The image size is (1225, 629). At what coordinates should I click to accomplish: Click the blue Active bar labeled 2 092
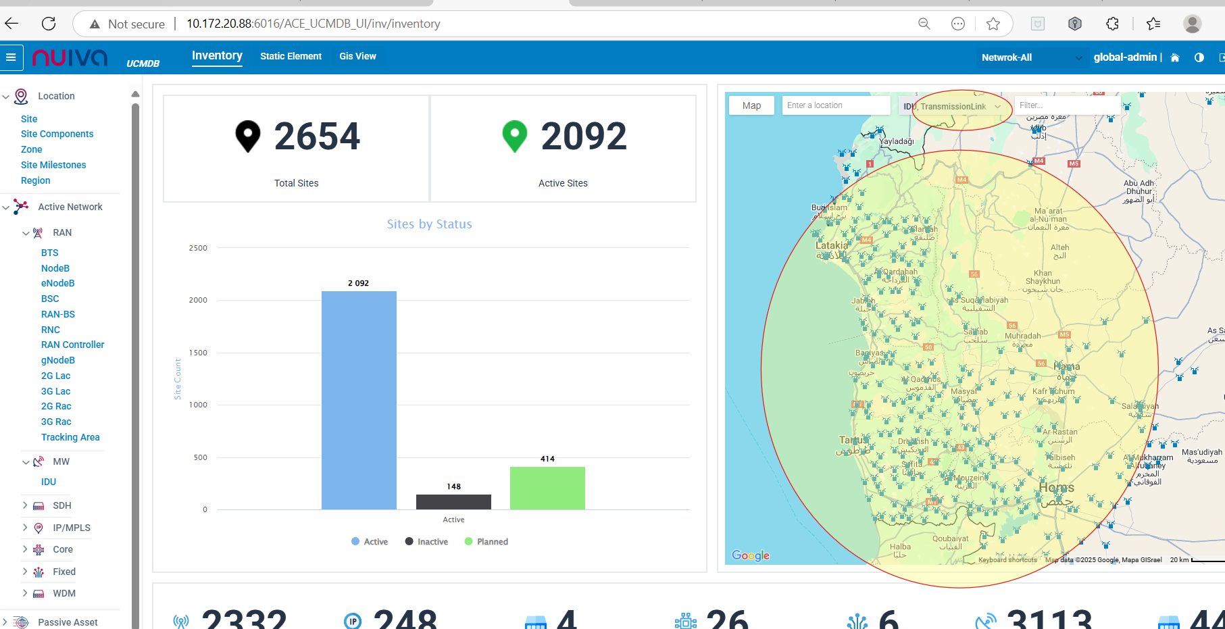(x=359, y=400)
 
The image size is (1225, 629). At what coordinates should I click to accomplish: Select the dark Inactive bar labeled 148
(x=453, y=502)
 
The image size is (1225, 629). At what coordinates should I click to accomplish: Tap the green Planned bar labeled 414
(x=547, y=488)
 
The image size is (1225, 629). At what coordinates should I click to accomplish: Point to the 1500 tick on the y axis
(x=198, y=353)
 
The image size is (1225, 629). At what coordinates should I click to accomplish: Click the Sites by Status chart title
(x=429, y=224)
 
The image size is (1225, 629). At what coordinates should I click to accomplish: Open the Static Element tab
(x=291, y=56)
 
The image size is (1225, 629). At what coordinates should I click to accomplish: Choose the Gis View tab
(x=357, y=56)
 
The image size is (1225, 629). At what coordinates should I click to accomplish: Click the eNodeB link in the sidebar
(x=57, y=283)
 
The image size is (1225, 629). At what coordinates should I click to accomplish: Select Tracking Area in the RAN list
(x=70, y=437)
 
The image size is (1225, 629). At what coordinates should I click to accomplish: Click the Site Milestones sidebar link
(x=53, y=165)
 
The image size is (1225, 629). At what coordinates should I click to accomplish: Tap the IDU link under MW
(x=49, y=482)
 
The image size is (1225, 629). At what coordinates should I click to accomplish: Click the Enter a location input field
(x=835, y=105)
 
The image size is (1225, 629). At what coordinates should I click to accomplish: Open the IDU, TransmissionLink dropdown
(x=952, y=106)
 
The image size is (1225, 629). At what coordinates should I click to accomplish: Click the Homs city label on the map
(x=1056, y=488)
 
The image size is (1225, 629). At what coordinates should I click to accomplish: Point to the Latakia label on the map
(x=831, y=246)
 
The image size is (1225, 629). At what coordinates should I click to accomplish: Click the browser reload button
(x=49, y=24)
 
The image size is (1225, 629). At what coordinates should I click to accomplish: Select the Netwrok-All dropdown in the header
(x=1030, y=57)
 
